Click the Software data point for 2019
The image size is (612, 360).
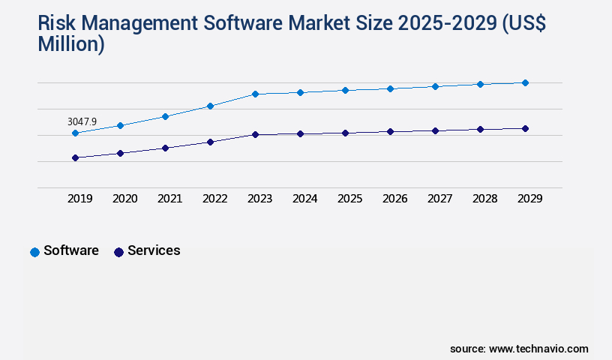75,133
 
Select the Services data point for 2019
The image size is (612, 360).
75,157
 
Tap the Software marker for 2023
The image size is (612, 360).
255,94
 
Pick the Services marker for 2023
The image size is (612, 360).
255,135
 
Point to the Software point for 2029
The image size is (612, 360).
525,82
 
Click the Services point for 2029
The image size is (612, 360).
525,129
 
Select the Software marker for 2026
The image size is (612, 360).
390,88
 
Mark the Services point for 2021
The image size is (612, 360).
165,148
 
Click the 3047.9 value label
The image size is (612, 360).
82,121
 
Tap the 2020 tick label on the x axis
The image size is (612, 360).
124,199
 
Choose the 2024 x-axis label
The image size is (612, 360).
304,199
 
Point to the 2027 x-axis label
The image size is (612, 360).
439,199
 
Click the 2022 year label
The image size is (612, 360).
214,199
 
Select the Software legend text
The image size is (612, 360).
71,250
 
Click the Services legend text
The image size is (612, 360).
154,250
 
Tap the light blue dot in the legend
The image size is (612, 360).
34,252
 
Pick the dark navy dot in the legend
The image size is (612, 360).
118,252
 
